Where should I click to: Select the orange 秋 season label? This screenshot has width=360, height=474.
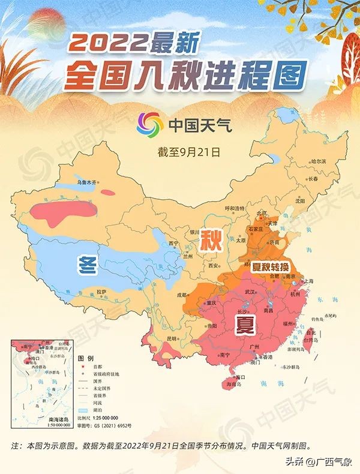[x=212, y=241]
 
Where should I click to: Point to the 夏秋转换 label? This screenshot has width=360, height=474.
[x=266, y=266]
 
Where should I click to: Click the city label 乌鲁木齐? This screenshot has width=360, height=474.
[x=86, y=182]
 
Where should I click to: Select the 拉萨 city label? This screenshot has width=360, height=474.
[x=101, y=292]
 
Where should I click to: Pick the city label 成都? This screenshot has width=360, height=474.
[x=181, y=295]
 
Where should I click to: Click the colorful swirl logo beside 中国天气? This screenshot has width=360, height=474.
[x=149, y=125]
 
